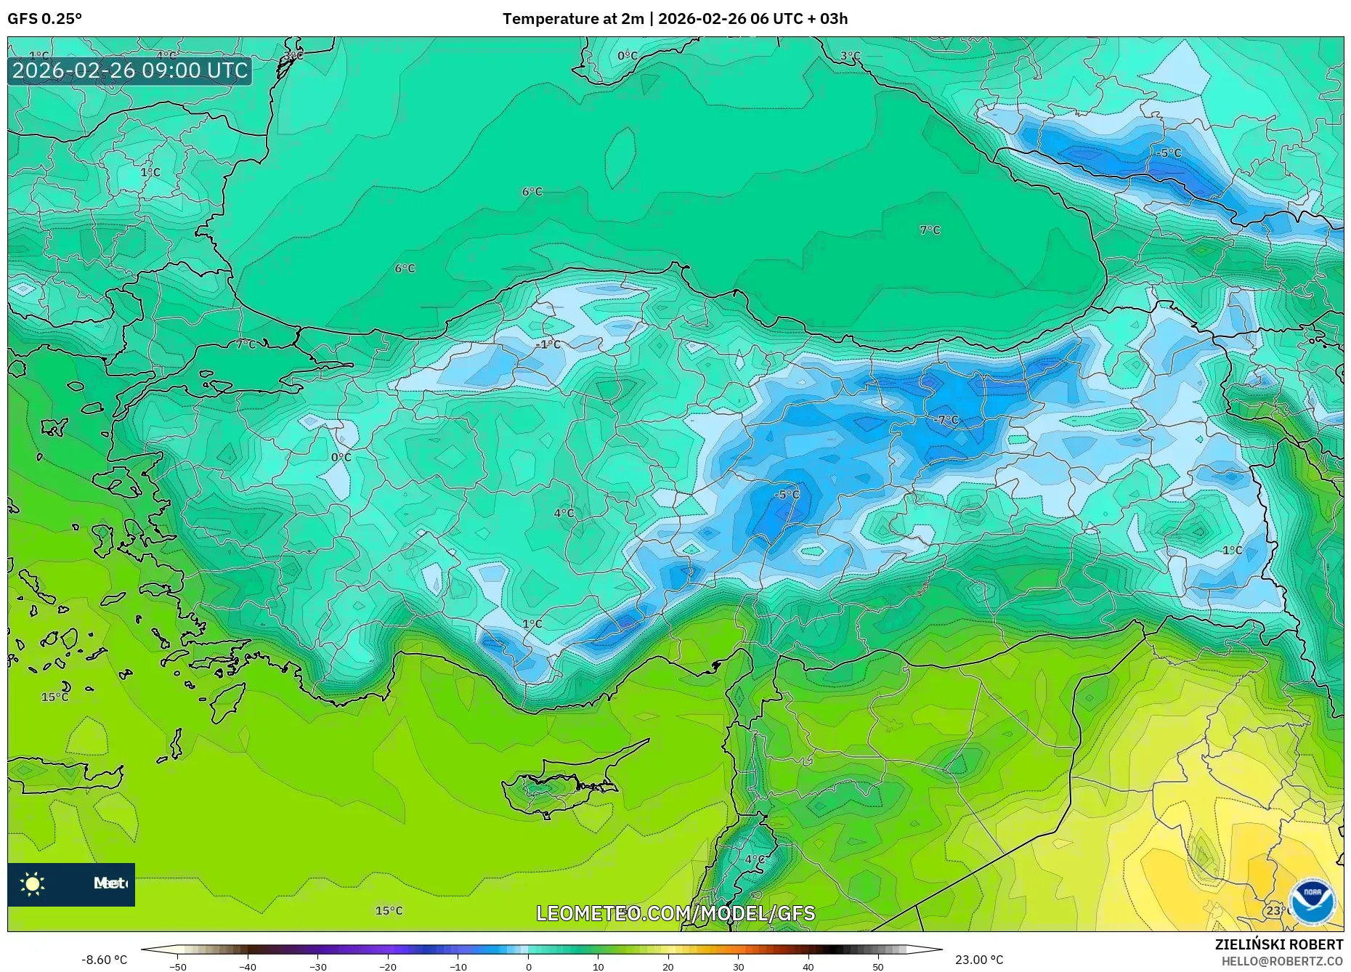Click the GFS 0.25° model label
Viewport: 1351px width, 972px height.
coord(44,19)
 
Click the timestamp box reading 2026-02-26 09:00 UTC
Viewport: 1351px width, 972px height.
coord(130,70)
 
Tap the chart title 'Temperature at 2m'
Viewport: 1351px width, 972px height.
coord(572,19)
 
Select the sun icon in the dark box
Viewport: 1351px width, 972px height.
coord(33,884)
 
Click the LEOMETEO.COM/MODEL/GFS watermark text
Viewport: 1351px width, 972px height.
coord(675,913)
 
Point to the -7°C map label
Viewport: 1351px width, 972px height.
coord(946,420)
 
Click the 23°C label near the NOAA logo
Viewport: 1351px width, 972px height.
coord(1275,910)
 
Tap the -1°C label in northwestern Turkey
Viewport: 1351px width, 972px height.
coord(548,344)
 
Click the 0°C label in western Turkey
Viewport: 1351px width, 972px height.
coord(341,457)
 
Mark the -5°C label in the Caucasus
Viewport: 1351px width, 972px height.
coord(1169,153)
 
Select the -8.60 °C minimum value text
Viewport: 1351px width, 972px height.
coord(104,960)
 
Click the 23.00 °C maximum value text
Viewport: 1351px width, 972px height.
coord(979,960)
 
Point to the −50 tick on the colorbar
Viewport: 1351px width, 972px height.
coord(178,967)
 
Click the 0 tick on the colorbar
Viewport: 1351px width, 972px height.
coord(528,967)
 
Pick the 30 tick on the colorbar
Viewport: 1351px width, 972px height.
coord(738,967)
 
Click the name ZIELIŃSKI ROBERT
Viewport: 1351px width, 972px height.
coord(1278,944)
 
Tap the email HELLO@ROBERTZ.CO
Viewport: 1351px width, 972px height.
coord(1282,961)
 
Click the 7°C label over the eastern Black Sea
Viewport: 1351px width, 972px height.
coord(930,230)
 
